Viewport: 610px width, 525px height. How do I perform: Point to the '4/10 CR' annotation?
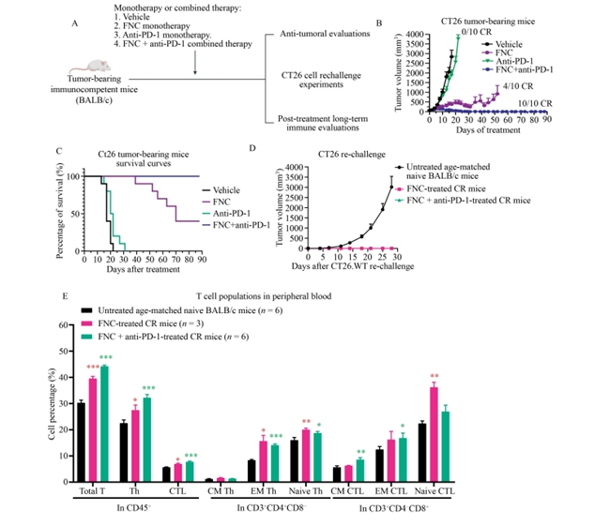pos(516,86)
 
